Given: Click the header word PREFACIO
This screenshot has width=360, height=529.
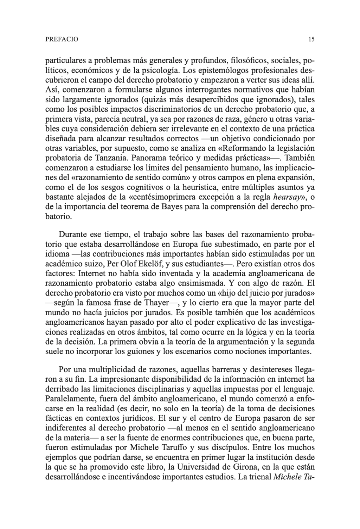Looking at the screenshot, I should click(x=62, y=39).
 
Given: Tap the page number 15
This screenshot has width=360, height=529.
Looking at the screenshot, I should click(x=311, y=39).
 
